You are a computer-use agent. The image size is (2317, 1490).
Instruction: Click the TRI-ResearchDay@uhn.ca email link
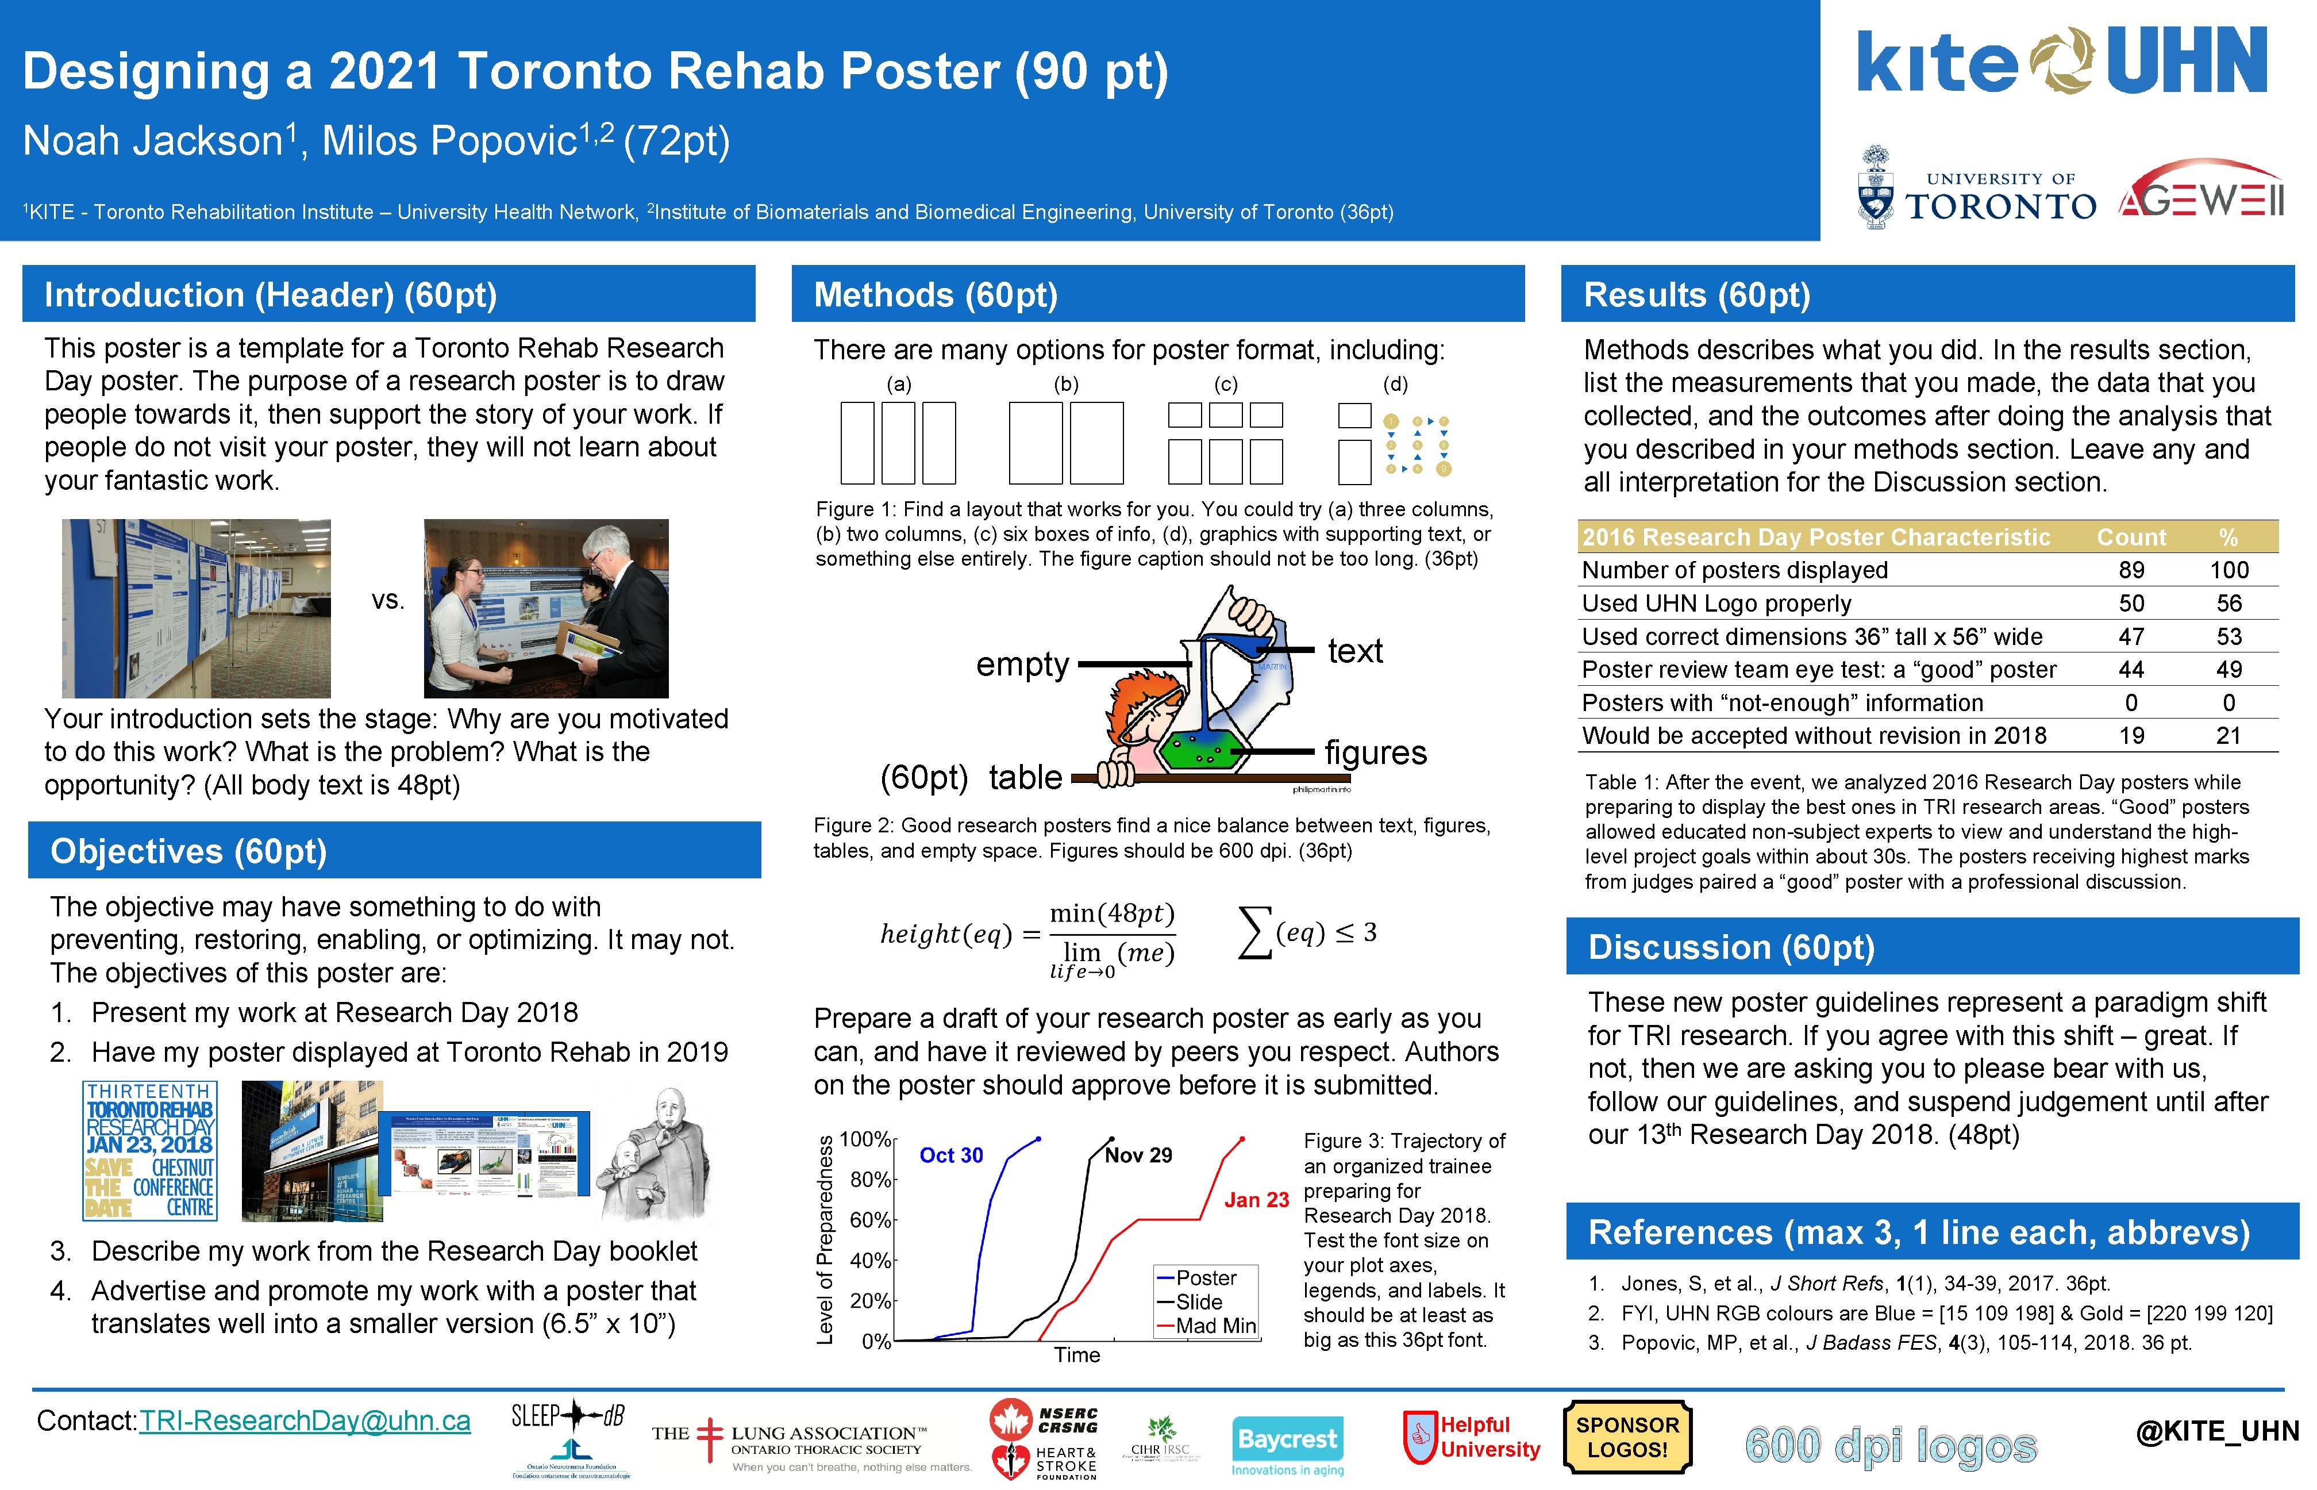305,1420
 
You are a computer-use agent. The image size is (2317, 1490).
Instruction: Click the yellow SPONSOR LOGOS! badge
1627,1438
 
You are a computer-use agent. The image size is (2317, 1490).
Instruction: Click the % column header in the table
2228,537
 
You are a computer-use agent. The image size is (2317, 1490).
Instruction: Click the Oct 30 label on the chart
950,1155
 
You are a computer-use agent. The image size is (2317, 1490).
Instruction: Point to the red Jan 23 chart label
1256,1200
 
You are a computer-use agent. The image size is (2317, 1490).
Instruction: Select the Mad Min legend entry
1215,1326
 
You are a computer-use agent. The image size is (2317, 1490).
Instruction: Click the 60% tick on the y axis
871,1219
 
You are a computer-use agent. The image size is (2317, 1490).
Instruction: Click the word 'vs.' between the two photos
388,601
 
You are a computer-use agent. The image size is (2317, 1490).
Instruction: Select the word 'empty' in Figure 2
1022,665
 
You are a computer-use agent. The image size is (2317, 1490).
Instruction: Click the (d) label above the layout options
1395,384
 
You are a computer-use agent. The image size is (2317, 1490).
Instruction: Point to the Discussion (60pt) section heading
1731,947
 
